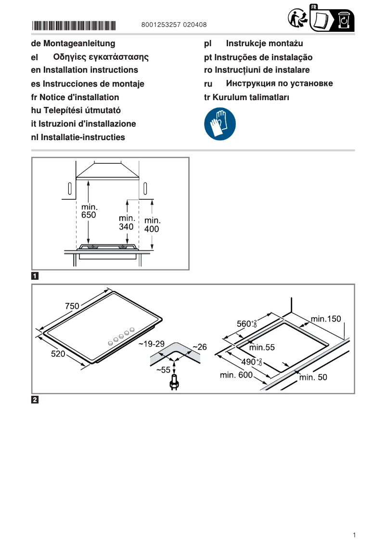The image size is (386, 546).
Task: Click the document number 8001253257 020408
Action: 175,25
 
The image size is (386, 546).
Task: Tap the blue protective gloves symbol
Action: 220,124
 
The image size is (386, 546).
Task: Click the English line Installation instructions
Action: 84,70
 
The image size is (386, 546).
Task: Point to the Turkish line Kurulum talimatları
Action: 247,97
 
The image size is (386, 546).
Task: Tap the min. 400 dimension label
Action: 152,225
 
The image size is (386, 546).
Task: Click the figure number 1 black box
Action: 35,276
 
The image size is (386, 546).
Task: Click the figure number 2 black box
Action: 35,400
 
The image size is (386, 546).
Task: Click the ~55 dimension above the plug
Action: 163,370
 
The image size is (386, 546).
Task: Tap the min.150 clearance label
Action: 325,318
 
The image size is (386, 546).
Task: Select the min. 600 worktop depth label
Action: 236,375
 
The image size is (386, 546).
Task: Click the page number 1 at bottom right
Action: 354,535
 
